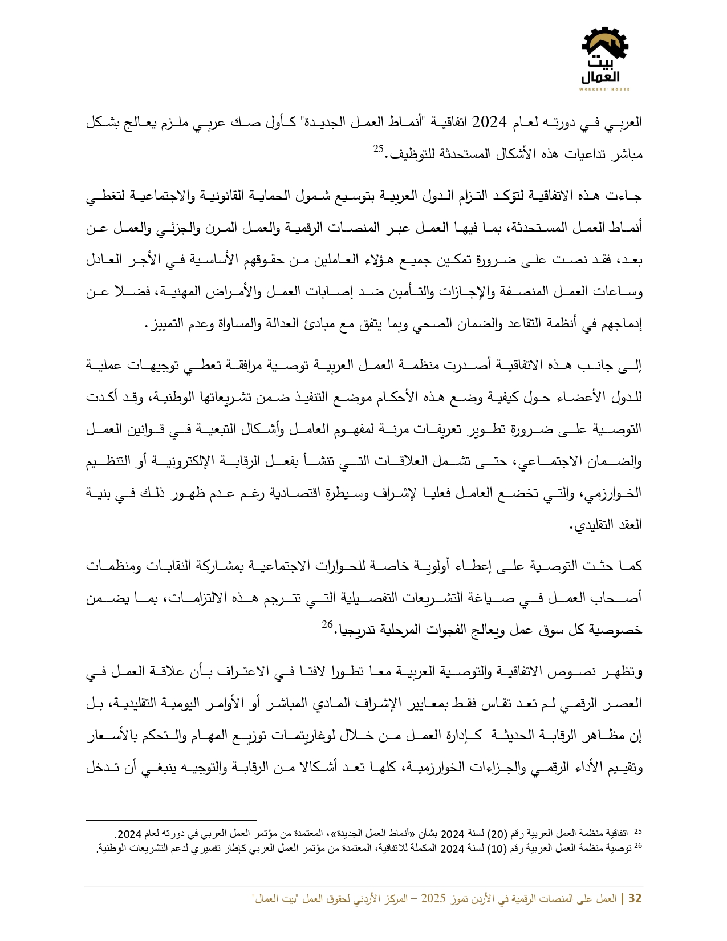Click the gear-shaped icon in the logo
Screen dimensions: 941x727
605,43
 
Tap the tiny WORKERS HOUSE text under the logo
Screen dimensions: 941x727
604,90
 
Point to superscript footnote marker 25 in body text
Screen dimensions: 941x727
379,149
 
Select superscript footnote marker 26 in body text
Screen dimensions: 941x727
327,624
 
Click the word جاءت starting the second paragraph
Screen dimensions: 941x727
628,196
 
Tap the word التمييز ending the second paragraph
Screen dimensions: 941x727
164,323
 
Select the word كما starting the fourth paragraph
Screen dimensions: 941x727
631,565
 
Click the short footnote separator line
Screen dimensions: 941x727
170,820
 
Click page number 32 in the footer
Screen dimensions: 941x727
635,898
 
